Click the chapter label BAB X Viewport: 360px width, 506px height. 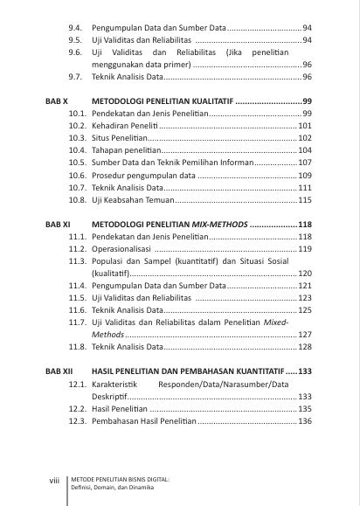57,102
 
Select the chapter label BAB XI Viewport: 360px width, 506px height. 58,225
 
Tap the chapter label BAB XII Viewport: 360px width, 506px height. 59,371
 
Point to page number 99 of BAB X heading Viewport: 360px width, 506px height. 307,102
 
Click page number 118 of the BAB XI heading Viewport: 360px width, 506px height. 305,225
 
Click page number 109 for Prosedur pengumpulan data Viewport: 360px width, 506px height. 305,176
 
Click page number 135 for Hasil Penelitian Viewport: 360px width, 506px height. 305,408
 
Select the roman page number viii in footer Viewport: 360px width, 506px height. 53,480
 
